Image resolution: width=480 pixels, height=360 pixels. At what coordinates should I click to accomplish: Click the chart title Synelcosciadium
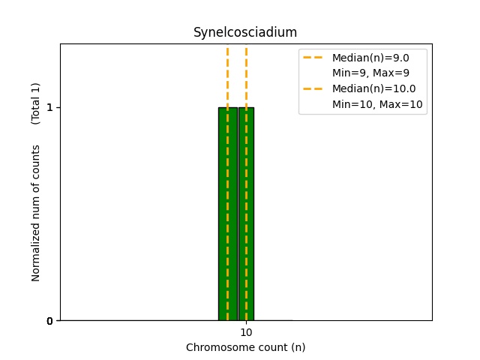(245, 32)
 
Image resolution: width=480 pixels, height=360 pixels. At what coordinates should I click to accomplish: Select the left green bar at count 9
(227, 214)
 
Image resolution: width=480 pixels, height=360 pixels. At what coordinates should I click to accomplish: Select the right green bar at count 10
(246, 214)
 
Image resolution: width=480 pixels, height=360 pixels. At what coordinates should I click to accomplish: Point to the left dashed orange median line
(227, 75)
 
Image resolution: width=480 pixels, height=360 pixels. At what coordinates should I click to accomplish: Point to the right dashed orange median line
(246, 75)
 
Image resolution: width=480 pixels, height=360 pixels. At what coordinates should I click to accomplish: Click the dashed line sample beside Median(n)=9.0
(313, 58)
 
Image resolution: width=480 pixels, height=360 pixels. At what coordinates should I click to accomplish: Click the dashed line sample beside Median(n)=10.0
(313, 88)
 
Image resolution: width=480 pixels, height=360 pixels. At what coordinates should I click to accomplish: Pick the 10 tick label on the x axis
(246, 332)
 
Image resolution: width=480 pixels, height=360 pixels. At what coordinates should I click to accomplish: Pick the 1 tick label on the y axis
(49, 107)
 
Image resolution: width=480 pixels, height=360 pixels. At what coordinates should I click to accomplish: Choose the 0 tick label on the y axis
(49, 321)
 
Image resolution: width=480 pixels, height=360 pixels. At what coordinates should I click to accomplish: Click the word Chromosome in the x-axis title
(216, 347)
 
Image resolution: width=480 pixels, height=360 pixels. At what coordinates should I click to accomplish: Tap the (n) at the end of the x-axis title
(298, 347)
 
